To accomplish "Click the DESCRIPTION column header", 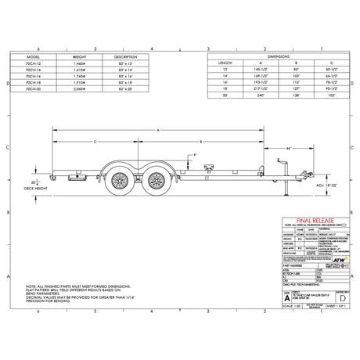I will coord(125,57).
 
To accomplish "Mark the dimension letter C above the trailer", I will coord(95,141).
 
